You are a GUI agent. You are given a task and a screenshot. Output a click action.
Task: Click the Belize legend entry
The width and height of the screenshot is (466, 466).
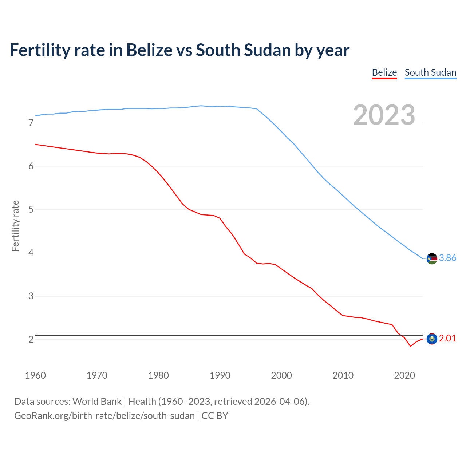click(x=384, y=72)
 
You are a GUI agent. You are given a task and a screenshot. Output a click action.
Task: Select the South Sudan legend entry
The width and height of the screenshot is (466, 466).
click(x=430, y=72)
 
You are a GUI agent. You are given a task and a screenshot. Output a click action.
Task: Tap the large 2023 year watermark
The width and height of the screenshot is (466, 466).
click(x=384, y=115)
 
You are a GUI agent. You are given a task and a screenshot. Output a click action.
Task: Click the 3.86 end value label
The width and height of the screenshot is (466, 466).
click(x=447, y=258)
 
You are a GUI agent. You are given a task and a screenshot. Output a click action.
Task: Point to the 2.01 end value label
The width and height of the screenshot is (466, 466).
click(x=447, y=338)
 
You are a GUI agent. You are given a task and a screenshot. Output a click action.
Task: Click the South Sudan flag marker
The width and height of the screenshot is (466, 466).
click(x=432, y=258)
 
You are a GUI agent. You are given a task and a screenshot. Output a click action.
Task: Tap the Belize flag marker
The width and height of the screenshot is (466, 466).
click(x=432, y=339)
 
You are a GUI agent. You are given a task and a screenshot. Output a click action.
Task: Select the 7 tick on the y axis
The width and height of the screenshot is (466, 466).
click(x=31, y=123)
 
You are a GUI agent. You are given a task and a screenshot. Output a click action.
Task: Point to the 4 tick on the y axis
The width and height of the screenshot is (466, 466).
click(x=31, y=253)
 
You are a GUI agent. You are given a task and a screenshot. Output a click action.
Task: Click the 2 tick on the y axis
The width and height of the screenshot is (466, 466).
click(x=31, y=339)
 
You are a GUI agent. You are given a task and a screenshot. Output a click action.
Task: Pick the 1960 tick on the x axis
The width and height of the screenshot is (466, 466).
click(x=35, y=375)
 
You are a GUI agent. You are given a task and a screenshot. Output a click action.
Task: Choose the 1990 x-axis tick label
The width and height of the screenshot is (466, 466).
click(x=220, y=375)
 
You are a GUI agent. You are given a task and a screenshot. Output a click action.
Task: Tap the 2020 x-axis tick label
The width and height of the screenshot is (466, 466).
click(x=404, y=375)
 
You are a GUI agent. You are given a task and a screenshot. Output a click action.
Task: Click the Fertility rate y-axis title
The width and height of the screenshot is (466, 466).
click(x=15, y=226)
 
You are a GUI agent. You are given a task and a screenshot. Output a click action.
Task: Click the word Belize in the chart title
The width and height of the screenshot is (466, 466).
click(x=149, y=50)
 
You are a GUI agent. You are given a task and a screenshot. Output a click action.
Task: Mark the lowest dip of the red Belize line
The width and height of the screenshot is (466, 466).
click(x=410, y=346)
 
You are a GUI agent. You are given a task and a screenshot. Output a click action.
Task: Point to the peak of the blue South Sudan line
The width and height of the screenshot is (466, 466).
click(x=201, y=106)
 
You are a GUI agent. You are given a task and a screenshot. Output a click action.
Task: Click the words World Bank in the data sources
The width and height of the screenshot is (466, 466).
click(x=97, y=402)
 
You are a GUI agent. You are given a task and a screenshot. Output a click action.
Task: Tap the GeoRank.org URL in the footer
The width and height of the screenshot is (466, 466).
click(x=104, y=416)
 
